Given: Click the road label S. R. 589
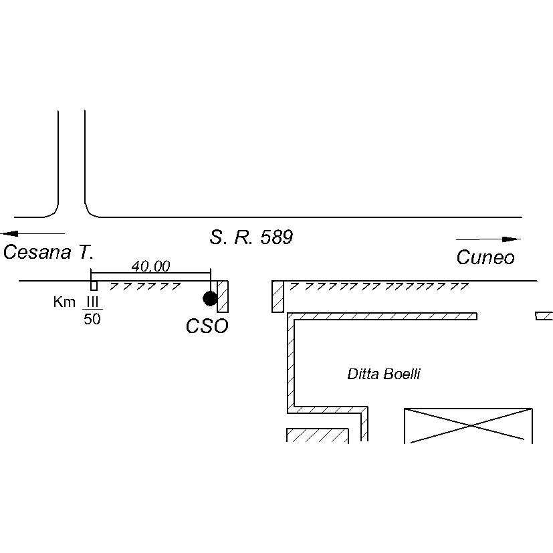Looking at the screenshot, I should point(251,237).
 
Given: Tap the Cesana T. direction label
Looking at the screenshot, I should point(48,252).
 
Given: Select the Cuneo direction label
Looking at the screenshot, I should point(485,257).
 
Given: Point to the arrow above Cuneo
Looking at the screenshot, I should point(488,239).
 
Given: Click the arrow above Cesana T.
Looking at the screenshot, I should point(33,233).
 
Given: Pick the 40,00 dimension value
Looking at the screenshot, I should point(150,266).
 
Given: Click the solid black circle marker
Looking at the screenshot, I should point(210,298).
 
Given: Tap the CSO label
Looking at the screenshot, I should point(207,326).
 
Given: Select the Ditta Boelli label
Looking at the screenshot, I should point(384,374).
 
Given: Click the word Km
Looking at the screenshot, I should point(64,302).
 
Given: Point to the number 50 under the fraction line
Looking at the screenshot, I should point(92,319).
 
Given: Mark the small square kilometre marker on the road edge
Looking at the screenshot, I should point(94,286).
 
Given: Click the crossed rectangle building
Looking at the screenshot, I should point(468,425).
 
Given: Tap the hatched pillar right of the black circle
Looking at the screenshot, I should point(223,297).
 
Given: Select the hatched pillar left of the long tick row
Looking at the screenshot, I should point(278,296).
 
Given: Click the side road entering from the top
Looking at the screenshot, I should point(72,160).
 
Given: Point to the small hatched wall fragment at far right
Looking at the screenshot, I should point(544,316).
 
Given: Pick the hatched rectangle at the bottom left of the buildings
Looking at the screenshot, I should point(317,435).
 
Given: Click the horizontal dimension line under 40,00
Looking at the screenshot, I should point(150,273).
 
